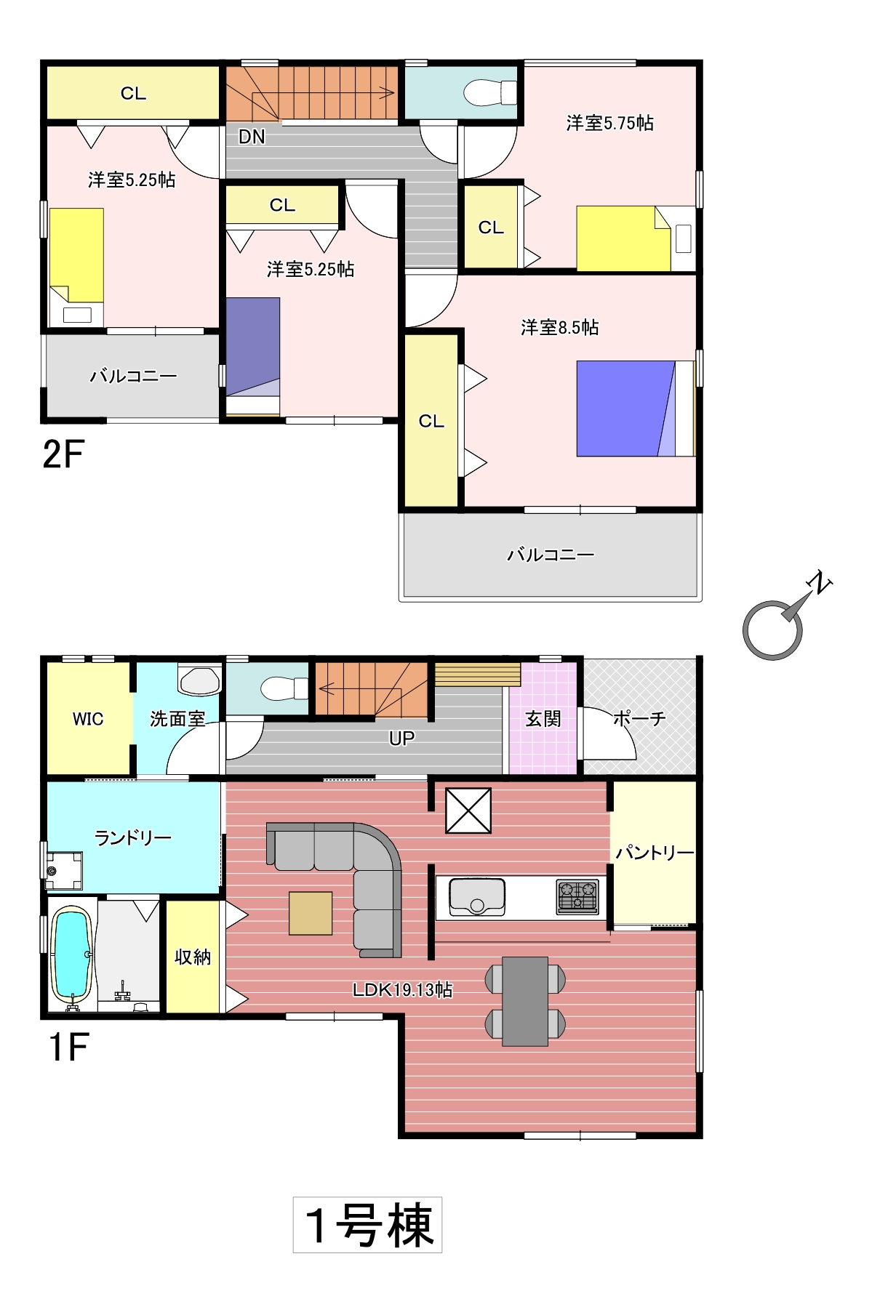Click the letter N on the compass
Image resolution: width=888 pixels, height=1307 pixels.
coord(820,582)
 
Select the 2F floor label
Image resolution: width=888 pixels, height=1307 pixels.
coord(63,454)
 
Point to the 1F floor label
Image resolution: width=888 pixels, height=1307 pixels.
coord(68,1047)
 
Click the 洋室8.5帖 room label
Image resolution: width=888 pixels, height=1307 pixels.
coord(559,327)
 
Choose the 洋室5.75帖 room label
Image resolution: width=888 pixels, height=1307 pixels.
coord(609,123)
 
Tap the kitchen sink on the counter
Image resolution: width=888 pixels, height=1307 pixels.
coord(477,897)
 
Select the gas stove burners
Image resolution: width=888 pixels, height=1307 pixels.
coord(577,896)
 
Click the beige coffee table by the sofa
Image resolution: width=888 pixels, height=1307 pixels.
coord(311,913)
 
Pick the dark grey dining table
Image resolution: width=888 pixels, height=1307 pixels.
coord(525,1001)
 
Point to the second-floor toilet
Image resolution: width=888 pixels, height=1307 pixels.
coord(489,93)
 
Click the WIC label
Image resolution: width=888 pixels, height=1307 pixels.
coord(88,719)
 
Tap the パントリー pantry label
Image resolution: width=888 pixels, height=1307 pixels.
coord(655,852)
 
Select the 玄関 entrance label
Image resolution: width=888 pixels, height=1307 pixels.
coord(543,719)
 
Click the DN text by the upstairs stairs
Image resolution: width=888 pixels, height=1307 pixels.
coord(252,137)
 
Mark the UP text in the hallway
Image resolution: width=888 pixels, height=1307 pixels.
coord(401,739)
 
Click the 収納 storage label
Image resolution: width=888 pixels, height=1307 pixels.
coord(193,957)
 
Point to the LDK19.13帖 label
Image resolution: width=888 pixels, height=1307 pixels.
coord(402,989)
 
